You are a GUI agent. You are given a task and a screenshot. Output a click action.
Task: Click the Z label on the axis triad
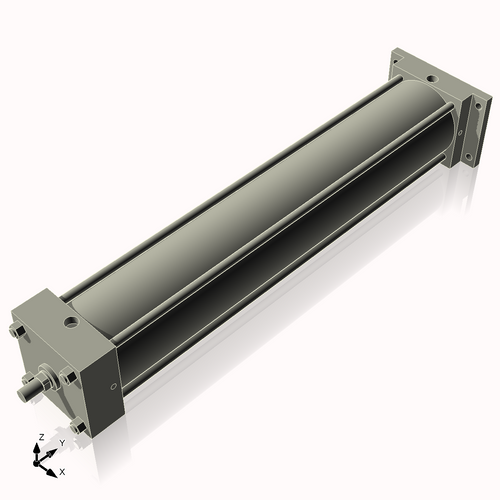[x=39, y=437]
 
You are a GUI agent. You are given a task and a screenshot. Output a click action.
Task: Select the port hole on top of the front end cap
[x=72, y=322]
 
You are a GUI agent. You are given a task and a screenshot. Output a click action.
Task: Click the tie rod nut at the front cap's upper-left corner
[x=17, y=331]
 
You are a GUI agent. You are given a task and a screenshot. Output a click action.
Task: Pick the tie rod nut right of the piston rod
[x=68, y=375]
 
